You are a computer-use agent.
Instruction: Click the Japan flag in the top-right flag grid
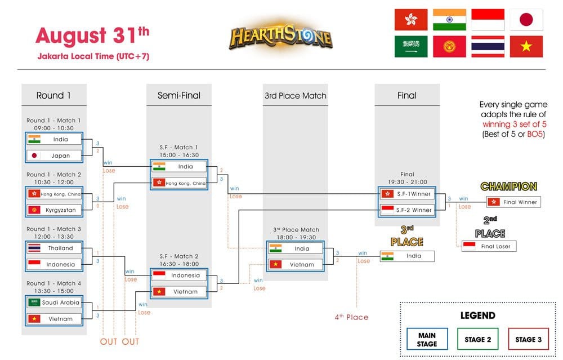(526, 20)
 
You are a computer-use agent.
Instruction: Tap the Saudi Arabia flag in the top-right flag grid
(411, 47)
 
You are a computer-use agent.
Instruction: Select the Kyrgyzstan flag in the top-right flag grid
(449, 47)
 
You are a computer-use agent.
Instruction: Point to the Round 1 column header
(53, 95)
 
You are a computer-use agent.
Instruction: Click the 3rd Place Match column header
(295, 96)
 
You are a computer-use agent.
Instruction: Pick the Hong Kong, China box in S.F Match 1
(179, 183)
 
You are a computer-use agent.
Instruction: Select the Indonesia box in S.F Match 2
(179, 275)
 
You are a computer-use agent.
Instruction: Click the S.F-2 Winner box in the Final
(408, 210)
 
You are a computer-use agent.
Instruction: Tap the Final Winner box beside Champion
(513, 202)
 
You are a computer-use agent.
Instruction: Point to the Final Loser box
(489, 246)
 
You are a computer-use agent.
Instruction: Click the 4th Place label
(351, 317)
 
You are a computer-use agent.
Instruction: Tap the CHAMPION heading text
(508, 186)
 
